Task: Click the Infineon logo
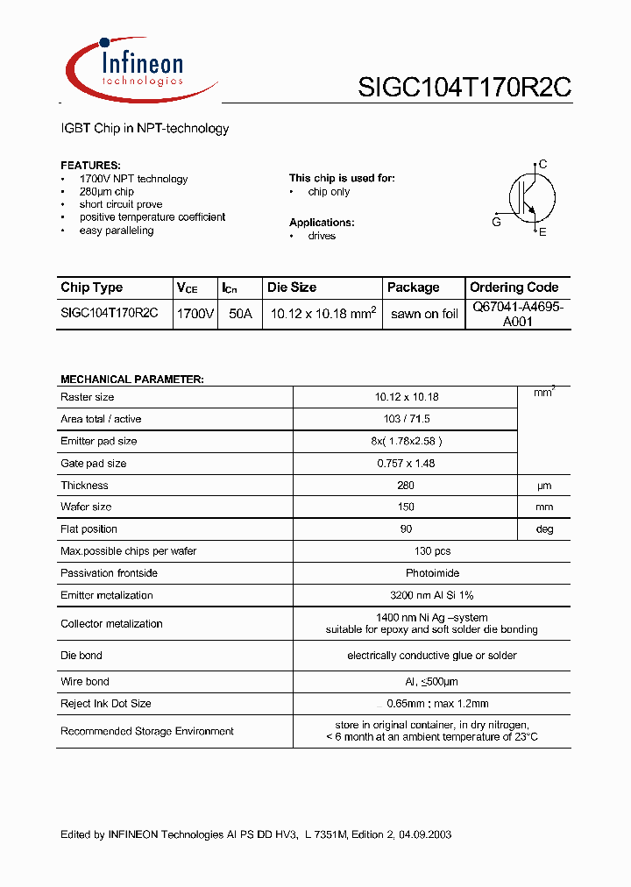point(140,68)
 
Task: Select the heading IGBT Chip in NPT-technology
point(145,129)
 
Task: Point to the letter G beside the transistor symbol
point(496,223)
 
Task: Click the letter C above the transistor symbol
point(543,164)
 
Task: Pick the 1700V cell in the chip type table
point(195,313)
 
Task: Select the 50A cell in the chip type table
point(239,313)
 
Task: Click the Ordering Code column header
point(514,287)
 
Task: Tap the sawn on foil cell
point(424,314)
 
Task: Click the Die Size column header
point(292,287)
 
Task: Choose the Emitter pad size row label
point(99,442)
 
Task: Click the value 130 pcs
point(432,551)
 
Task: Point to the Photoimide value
point(431,573)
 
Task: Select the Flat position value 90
point(406,529)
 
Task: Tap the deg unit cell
point(544,529)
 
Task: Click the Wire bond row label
point(85,681)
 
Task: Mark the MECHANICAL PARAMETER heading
point(132,380)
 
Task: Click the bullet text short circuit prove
point(121,204)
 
